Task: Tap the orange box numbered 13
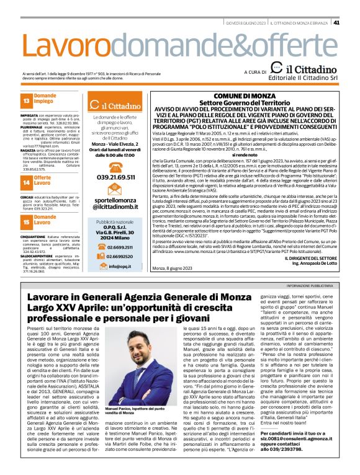tap(27, 100)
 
